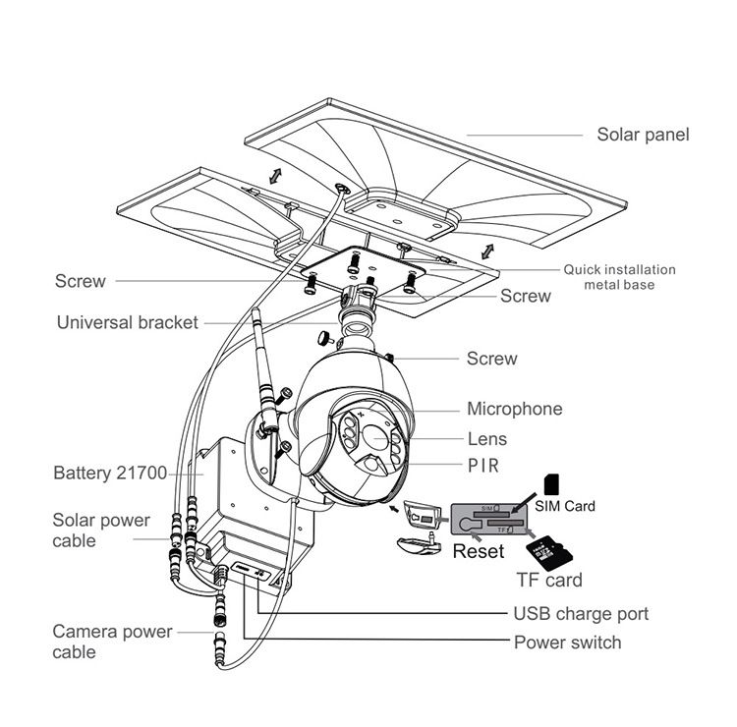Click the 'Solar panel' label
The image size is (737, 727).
[x=643, y=135]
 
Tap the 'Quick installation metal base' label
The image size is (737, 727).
[x=619, y=277]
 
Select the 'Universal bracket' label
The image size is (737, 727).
[x=128, y=322]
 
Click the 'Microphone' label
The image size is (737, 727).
[x=514, y=409]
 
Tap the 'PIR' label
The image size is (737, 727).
[x=483, y=466]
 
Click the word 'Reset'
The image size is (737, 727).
[x=479, y=551]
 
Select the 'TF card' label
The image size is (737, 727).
[x=548, y=580]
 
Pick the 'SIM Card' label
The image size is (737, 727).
[x=565, y=507]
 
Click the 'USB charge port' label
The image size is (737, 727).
[x=581, y=614]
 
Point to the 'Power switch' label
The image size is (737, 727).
[x=567, y=643]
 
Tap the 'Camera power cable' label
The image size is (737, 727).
[x=112, y=642]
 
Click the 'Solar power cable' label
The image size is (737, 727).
[x=101, y=530]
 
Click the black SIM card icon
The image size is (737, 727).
[x=551, y=483]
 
